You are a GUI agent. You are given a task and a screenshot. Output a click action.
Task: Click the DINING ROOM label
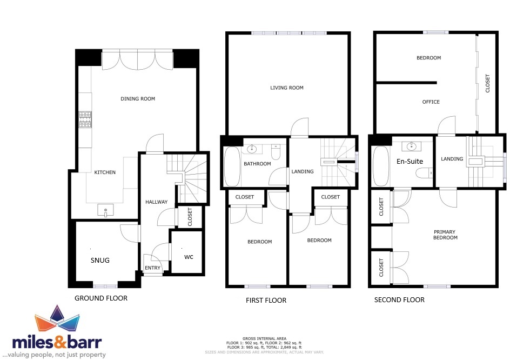point(138,98)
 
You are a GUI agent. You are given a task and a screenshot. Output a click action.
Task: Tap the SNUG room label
point(100,260)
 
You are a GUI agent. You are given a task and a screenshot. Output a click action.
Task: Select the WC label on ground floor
point(189,257)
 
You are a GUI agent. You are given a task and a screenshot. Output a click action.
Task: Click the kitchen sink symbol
point(106,210)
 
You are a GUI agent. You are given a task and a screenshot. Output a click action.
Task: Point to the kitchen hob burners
point(85,119)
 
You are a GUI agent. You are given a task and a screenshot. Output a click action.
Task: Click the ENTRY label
point(152,268)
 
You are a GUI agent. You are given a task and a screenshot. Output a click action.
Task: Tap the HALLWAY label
point(157,202)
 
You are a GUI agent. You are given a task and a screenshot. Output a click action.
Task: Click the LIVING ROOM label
point(286,88)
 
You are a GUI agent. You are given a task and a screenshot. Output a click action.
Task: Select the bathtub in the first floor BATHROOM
point(232,166)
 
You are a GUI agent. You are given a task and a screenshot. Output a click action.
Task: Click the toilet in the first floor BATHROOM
point(276,152)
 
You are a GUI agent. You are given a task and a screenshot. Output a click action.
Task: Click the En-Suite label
point(410,161)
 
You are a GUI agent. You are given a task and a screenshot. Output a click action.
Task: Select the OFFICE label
point(431,102)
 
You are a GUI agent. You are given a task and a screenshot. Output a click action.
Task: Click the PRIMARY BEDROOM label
point(445,235)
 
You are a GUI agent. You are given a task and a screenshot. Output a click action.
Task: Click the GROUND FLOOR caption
point(101,298)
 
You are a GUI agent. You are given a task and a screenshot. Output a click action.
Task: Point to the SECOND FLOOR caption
point(399,300)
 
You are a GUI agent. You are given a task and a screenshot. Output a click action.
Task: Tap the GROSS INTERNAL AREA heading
point(264,338)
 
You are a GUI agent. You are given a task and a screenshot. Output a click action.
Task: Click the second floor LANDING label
point(452,159)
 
